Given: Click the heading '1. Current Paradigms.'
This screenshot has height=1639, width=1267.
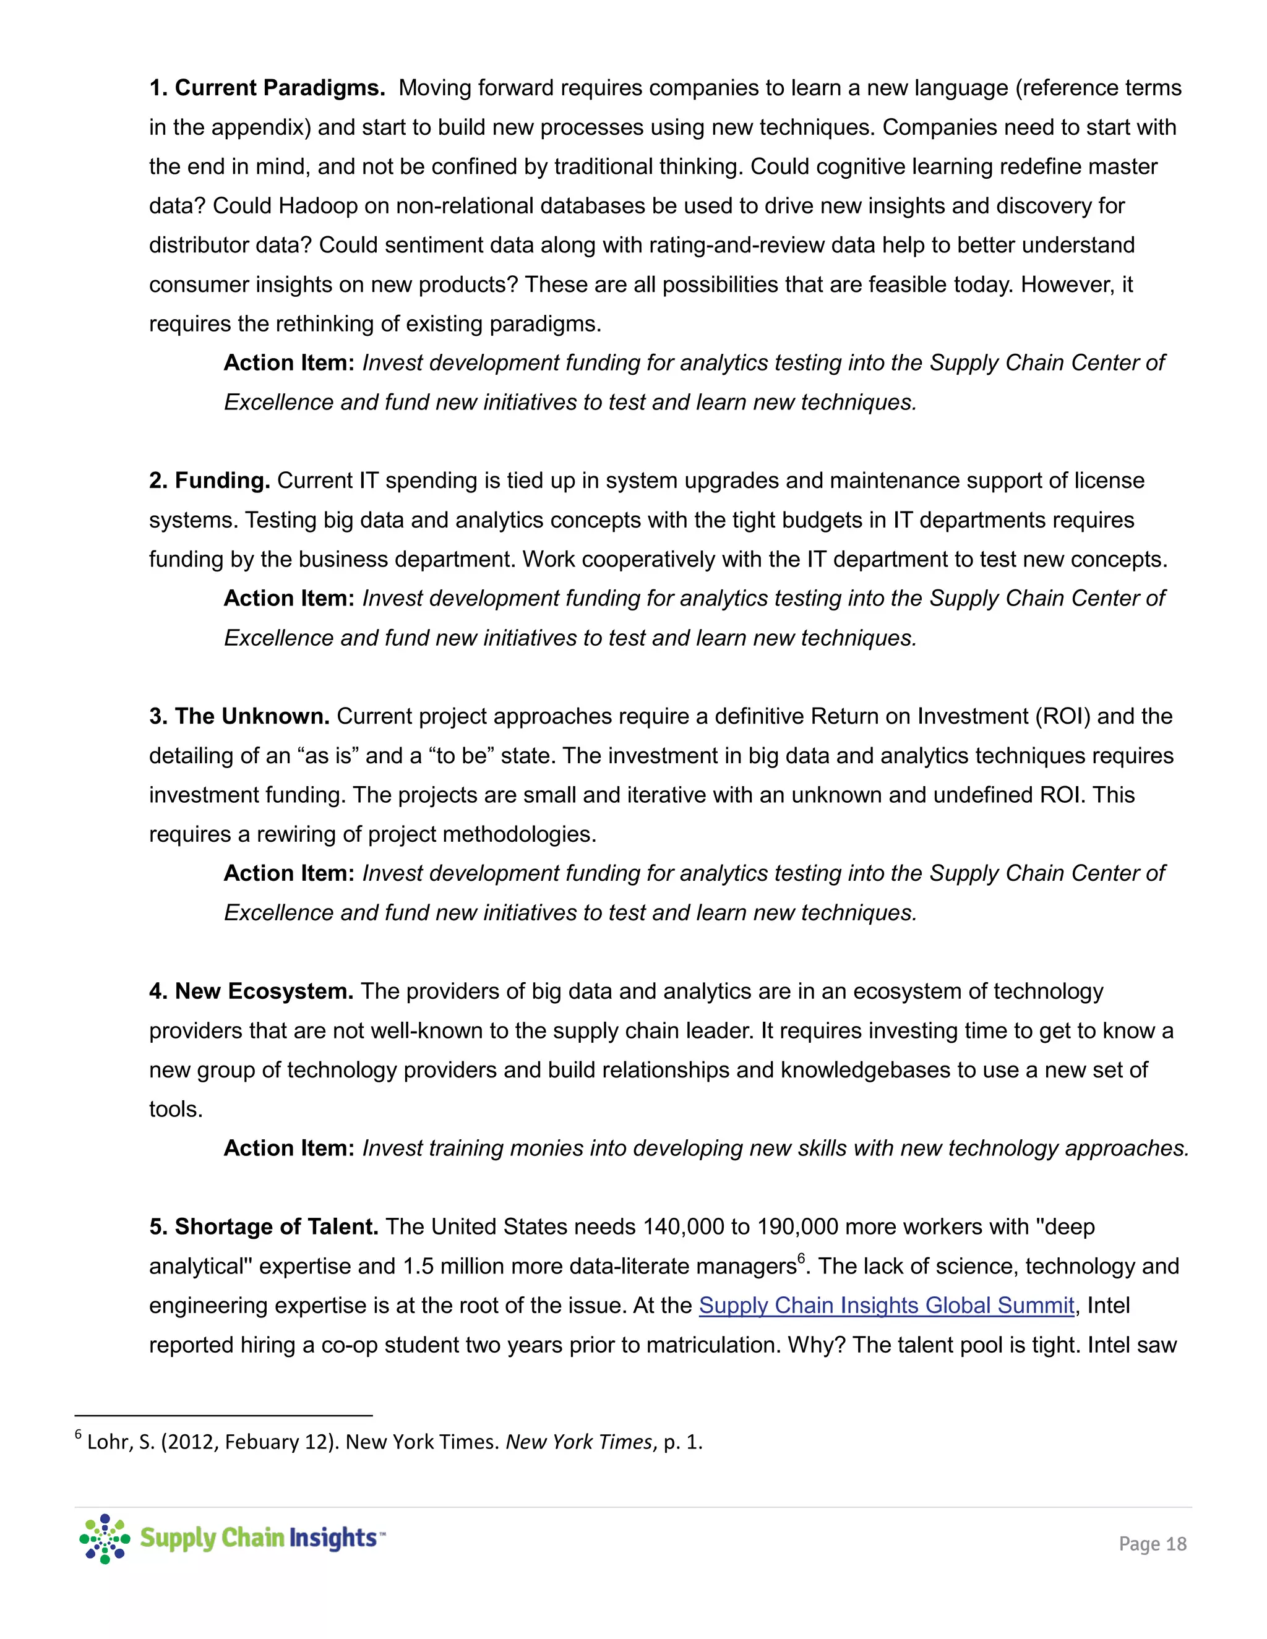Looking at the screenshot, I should coord(267,88).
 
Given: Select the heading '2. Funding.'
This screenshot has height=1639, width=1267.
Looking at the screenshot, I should coord(210,481).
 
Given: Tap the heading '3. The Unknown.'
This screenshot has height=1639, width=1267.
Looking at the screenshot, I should coord(239,716).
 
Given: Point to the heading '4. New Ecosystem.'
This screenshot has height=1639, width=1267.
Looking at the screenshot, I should coord(251,991).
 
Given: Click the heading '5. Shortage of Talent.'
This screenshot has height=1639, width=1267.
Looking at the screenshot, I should coord(264,1226).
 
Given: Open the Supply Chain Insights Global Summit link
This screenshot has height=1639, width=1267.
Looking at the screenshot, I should coord(887,1305).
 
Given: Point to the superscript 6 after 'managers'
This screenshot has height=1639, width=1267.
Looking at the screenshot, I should coord(801,1259).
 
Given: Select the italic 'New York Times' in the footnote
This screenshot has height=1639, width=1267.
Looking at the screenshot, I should coord(578,1442).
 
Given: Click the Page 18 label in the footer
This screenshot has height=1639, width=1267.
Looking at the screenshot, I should coord(1152,1544).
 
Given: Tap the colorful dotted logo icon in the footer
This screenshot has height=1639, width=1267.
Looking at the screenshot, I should coord(105,1538).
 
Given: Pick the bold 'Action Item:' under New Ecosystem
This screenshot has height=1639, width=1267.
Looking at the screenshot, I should coord(289,1148).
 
